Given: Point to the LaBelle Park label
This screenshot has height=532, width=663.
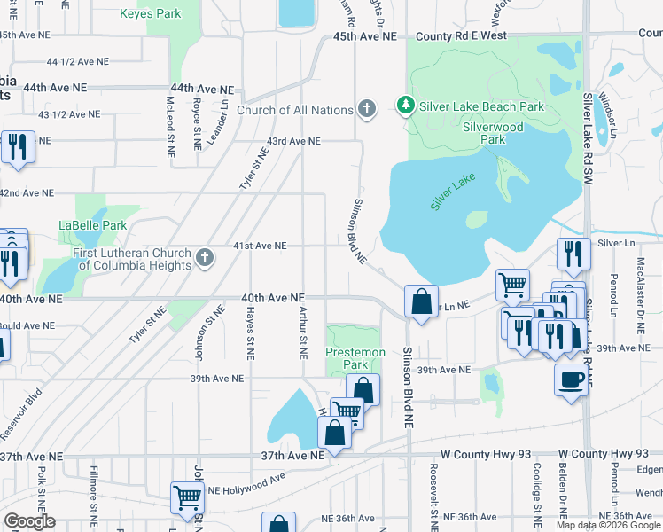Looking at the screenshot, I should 93,225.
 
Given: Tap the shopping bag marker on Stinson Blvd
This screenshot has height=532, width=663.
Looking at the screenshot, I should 421,301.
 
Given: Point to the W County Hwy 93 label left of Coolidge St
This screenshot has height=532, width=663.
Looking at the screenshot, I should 483,455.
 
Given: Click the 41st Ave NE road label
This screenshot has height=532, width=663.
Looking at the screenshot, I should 261,246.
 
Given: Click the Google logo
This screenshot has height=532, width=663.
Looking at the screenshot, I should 29,521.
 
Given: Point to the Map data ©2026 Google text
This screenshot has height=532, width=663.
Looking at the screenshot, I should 608,525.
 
